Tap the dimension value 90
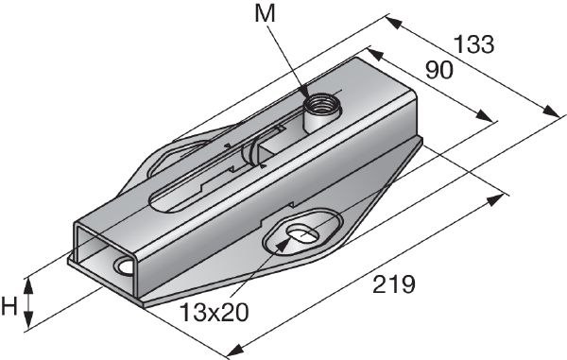point(440,71)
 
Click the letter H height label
point(10,304)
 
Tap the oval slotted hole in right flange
point(301,232)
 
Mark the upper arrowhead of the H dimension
point(30,281)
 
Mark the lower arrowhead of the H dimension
point(30,325)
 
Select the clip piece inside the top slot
point(255,151)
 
